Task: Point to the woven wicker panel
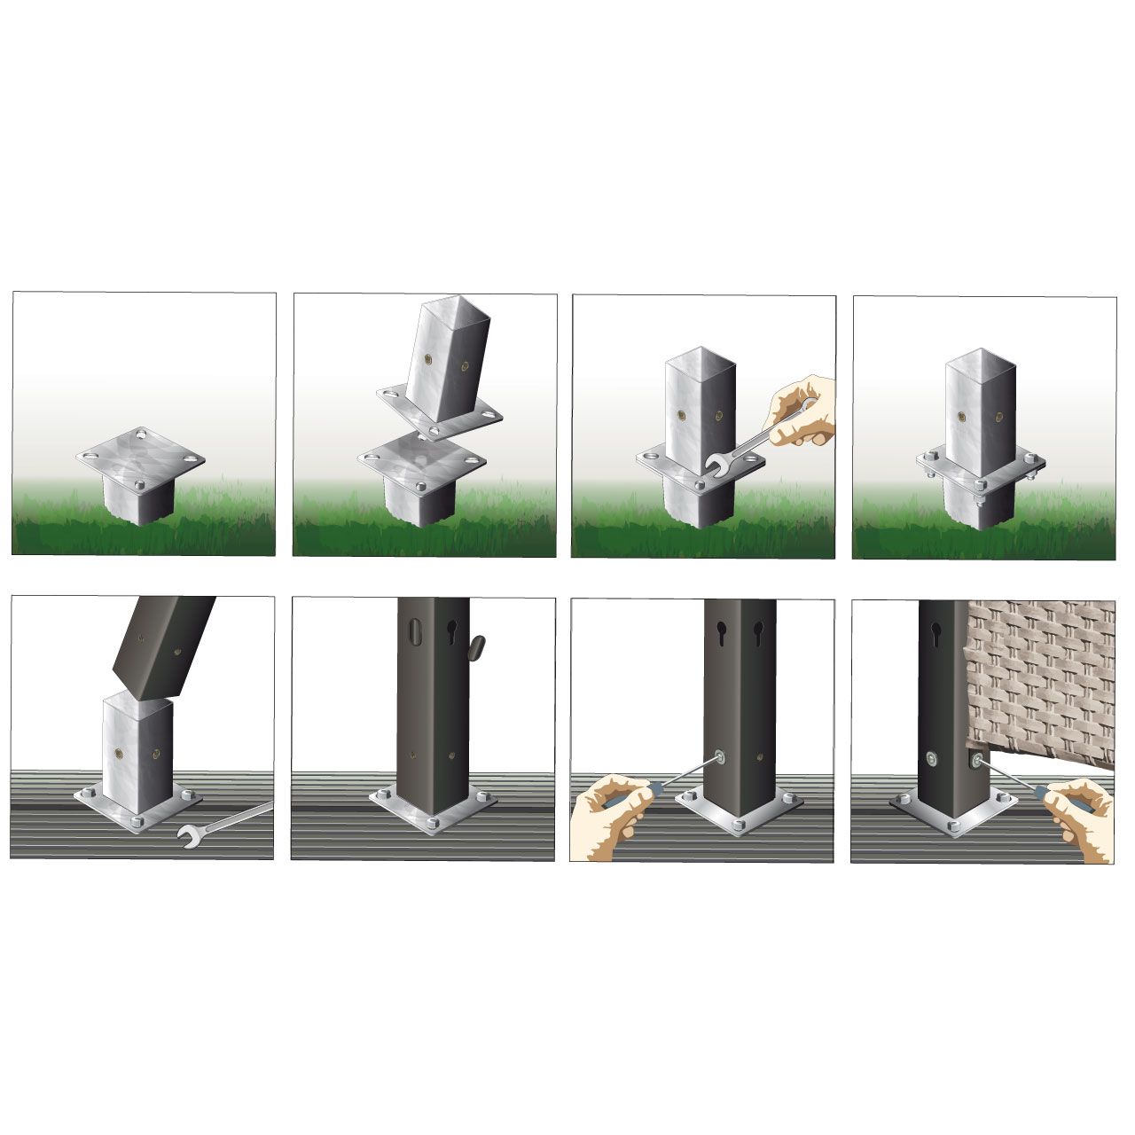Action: pyautogui.click(x=1042, y=674)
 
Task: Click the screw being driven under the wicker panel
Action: pyautogui.click(x=975, y=761)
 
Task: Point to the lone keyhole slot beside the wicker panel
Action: pyautogui.click(x=936, y=635)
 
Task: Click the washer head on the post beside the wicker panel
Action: pyautogui.click(x=932, y=757)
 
